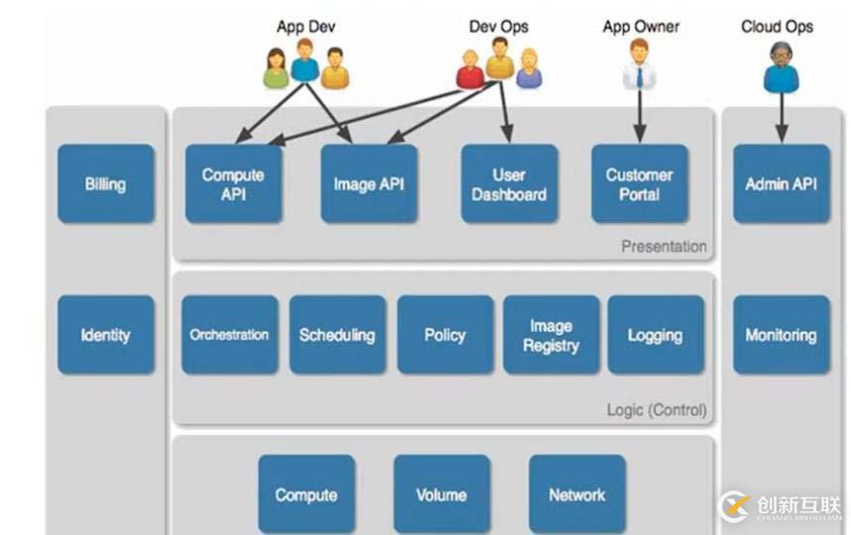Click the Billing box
point(105,183)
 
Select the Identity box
point(105,335)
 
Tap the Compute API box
point(233,183)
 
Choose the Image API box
point(369,183)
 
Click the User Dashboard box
point(508,183)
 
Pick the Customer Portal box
point(639,183)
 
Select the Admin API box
point(781,183)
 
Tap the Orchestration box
point(230,335)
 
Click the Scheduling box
point(337,335)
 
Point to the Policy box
point(445,335)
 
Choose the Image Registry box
point(551,335)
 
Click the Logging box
point(655,335)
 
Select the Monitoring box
point(781,335)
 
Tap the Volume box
point(441,494)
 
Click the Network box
point(577,494)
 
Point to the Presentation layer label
point(664,247)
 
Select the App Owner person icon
point(639,64)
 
